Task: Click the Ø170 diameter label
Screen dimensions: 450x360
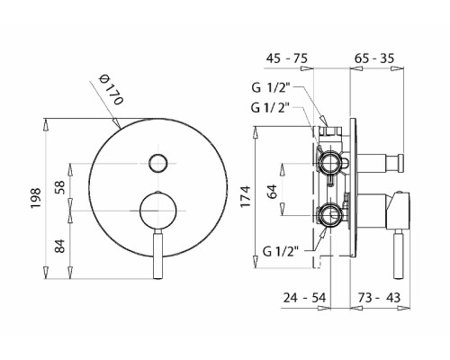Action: click(x=112, y=89)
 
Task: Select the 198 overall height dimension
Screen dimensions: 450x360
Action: click(x=36, y=198)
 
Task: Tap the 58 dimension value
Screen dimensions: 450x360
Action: click(x=60, y=187)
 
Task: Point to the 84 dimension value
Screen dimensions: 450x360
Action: click(x=60, y=246)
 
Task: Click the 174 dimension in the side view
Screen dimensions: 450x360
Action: click(x=246, y=196)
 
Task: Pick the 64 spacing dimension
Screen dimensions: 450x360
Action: click(x=273, y=191)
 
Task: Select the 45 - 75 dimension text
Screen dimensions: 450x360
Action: click(x=287, y=58)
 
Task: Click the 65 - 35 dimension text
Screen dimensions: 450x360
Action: click(x=373, y=58)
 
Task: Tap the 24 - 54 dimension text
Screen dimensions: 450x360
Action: click(x=304, y=298)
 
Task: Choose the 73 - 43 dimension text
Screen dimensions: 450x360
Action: click(x=379, y=298)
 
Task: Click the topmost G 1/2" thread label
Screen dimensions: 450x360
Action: click(x=271, y=87)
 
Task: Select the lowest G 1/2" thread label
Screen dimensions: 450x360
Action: click(x=281, y=251)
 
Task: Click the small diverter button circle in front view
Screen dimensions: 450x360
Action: click(x=157, y=163)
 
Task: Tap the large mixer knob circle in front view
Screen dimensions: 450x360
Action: click(x=157, y=210)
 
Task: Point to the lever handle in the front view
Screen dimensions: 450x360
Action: click(x=157, y=255)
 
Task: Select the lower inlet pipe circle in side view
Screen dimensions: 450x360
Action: click(x=330, y=215)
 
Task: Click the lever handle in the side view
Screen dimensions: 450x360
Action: click(x=399, y=254)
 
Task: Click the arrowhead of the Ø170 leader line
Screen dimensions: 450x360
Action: click(x=117, y=123)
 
